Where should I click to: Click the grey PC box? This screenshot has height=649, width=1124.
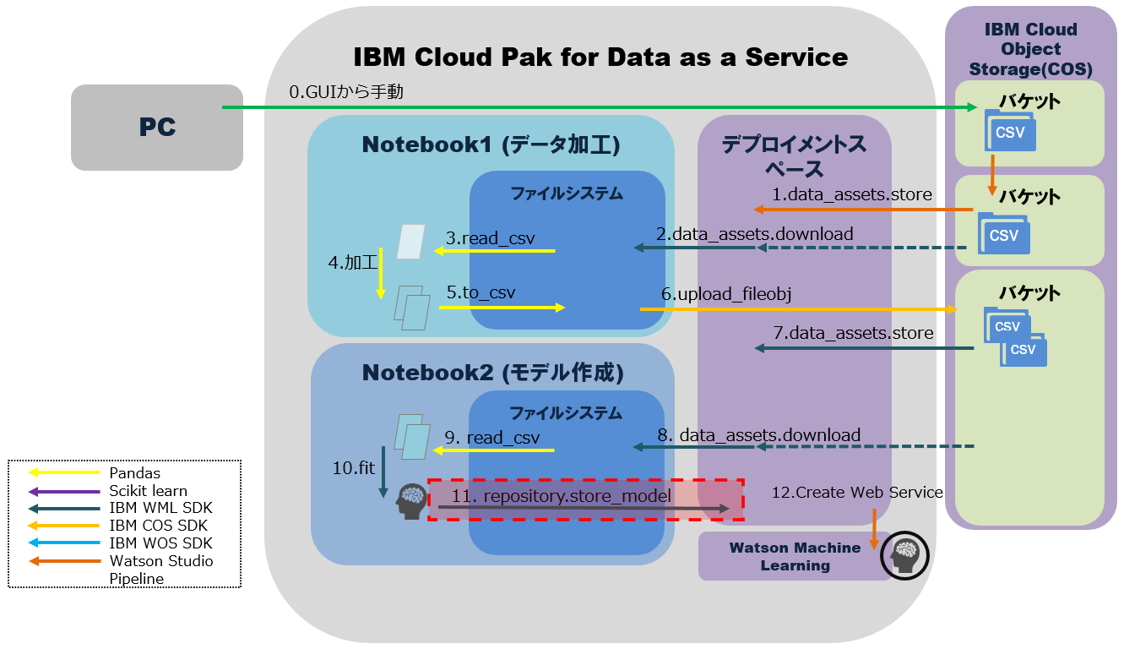pyautogui.click(x=157, y=128)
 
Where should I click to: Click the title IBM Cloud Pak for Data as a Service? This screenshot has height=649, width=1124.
pyautogui.click(x=600, y=57)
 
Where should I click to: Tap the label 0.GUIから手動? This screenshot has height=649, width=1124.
pyautogui.click(x=346, y=91)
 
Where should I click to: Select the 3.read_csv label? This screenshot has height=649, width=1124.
pyautogui.click(x=490, y=238)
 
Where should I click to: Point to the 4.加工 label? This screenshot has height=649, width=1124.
pyautogui.click(x=352, y=262)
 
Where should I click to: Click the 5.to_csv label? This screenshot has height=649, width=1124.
pyautogui.click(x=481, y=292)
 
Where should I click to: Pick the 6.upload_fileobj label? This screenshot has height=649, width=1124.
pyautogui.click(x=726, y=293)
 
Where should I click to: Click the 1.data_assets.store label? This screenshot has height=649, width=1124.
pyautogui.click(x=852, y=194)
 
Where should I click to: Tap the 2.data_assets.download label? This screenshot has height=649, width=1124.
pyautogui.click(x=755, y=233)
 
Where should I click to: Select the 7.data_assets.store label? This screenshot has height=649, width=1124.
pyautogui.click(x=853, y=333)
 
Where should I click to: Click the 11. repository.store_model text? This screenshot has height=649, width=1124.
pyautogui.click(x=562, y=496)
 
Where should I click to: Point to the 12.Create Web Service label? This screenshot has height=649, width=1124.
pyautogui.click(x=857, y=492)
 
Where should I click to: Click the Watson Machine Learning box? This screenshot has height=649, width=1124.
pyautogui.click(x=795, y=557)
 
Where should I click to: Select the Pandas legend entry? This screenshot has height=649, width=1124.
pyautogui.click(x=134, y=473)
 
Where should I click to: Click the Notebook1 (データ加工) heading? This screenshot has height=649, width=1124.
pyautogui.click(x=491, y=145)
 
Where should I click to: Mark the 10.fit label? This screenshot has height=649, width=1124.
pyautogui.click(x=353, y=466)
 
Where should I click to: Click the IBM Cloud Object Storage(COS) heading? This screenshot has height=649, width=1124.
pyautogui.click(x=1030, y=49)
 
